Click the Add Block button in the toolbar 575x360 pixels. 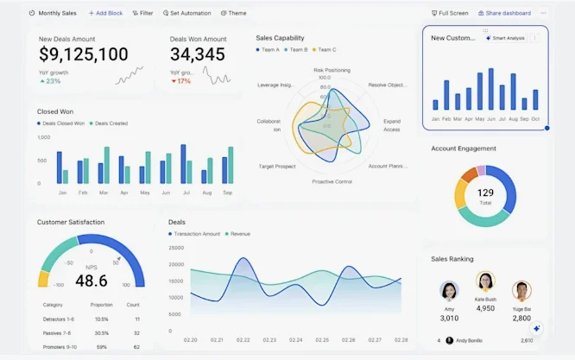coord(105,14)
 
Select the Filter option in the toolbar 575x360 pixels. coord(143,14)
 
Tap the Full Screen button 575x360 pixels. coord(450,14)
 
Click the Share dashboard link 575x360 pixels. coord(503,14)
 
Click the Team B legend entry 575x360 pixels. coord(296,50)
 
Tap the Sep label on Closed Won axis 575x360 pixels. coord(228,193)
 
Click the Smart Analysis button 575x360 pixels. coord(506,38)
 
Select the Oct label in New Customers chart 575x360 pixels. coord(534,118)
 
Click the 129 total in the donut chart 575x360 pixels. coord(485,193)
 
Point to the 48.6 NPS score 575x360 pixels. coord(91,281)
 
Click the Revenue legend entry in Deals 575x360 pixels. coord(237,234)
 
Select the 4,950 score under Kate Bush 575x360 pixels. coord(485,308)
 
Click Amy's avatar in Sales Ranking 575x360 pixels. coord(449,290)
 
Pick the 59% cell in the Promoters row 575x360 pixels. coord(102,347)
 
